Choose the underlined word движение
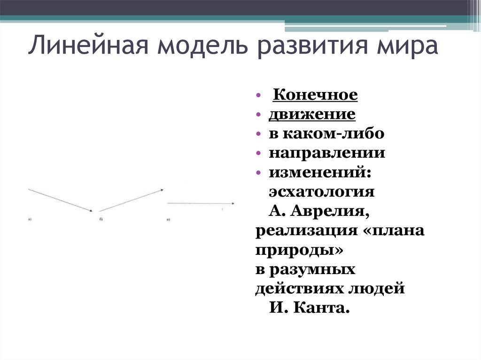click(x=312, y=115)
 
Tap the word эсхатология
click(x=322, y=192)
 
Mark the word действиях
click(x=300, y=289)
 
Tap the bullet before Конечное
click(x=259, y=96)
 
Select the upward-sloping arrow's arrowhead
click(x=162, y=190)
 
